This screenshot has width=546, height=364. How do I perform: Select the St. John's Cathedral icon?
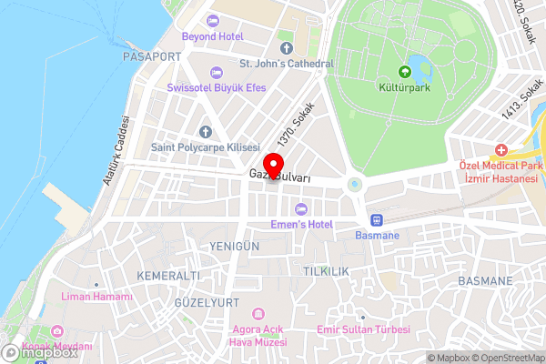(x=287, y=48)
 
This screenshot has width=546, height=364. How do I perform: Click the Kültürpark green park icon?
(x=404, y=74)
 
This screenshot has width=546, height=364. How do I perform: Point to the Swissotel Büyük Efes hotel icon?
(x=216, y=73)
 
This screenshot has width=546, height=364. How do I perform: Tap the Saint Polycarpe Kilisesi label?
(x=206, y=147)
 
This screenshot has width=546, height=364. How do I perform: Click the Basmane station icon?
(x=375, y=220)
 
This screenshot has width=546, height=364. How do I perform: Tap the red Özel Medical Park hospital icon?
(x=500, y=149)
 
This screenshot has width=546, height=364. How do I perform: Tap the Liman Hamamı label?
(x=96, y=297)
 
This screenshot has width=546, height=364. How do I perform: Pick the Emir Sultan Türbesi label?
(x=362, y=329)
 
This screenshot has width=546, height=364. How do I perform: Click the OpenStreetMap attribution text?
(x=509, y=358)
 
